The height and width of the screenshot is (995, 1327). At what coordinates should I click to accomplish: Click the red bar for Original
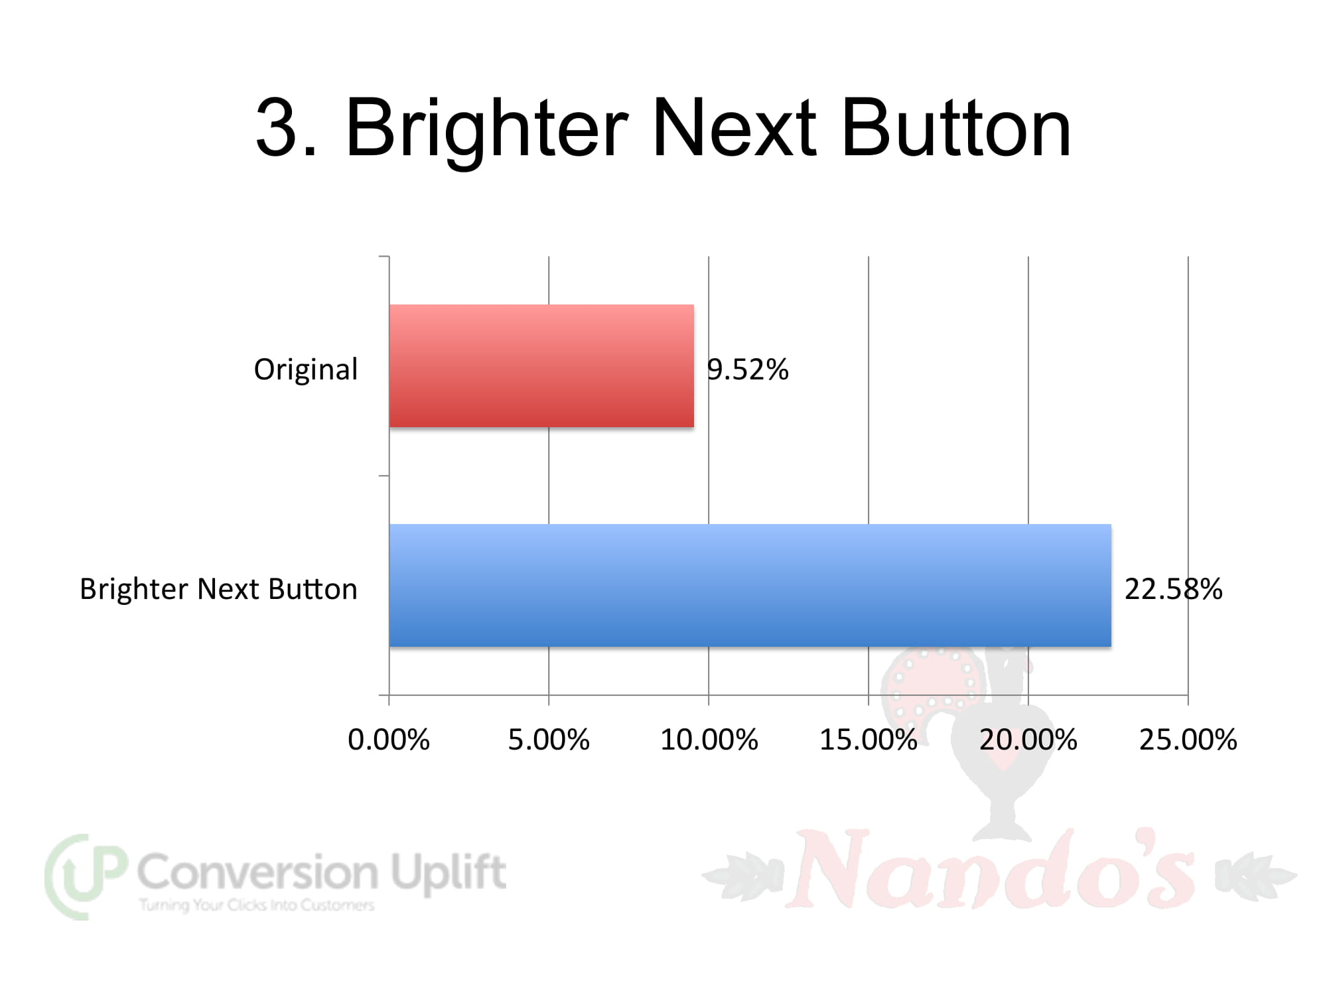coord(541,365)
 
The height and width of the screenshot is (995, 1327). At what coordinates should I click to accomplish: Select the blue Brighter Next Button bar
coord(750,585)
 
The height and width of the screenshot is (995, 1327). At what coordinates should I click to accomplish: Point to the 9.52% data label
coord(748,369)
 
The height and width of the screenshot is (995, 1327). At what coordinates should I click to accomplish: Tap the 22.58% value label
coord(1173,589)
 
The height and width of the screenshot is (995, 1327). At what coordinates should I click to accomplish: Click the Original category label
coord(306,369)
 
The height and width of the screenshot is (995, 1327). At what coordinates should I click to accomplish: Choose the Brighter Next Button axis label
coord(219,589)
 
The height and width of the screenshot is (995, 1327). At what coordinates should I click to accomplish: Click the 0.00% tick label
coord(389,740)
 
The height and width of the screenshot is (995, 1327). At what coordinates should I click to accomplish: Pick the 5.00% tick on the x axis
coord(549,740)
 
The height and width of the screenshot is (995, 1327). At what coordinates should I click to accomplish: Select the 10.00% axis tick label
coord(709,740)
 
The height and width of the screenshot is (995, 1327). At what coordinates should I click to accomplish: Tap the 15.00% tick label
coord(869,740)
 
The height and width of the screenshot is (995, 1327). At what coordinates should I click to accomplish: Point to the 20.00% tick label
coord(1028,740)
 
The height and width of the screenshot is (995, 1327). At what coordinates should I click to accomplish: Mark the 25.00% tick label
coord(1188,740)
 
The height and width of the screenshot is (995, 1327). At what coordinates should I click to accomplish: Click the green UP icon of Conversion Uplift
coord(85,876)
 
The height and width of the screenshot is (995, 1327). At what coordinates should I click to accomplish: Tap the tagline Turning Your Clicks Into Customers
coord(257,905)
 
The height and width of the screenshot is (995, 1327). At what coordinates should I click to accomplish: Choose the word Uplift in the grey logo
coord(449,872)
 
